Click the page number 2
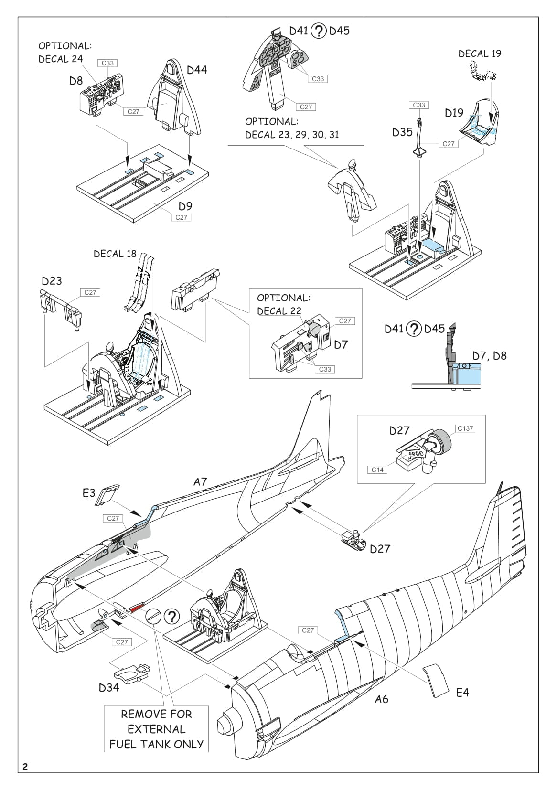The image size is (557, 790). pyautogui.click(x=25, y=767)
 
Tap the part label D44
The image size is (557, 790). pyautogui.click(x=197, y=70)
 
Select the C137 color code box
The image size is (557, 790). pyautogui.click(x=465, y=428)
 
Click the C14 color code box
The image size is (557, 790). pyautogui.click(x=377, y=470)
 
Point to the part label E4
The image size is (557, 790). pyautogui.click(x=462, y=692)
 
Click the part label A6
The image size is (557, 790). pyautogui.click(x=381, y=699)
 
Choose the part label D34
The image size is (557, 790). pyautogui.click(x=109, y=687)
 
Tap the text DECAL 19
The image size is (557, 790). pyautogui.click(x=480, y=54)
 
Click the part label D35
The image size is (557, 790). pyautogui.click(x=402, y=132)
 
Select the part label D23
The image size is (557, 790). pyautogui.click(x=52, y=281)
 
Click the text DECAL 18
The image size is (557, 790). pyautogui.click(x=115, y=254)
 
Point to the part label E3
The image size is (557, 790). pyautogui.click(x=89, y=493)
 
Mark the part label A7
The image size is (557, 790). pyautogui.click(x=200, y=482)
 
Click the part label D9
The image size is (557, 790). pyautogui.click(x=185, y=206)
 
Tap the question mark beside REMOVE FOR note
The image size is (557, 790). pyautogui.click(x=172, y=617)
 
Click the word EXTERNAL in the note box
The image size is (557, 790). pyautogui.click(x=156, y=729)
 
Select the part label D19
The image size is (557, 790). pyautogui.click(x=454, y=113)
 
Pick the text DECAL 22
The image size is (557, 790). pyautogui.click(x=279, y=311)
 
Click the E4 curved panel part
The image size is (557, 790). pyautogui.click(x=436, y=680)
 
